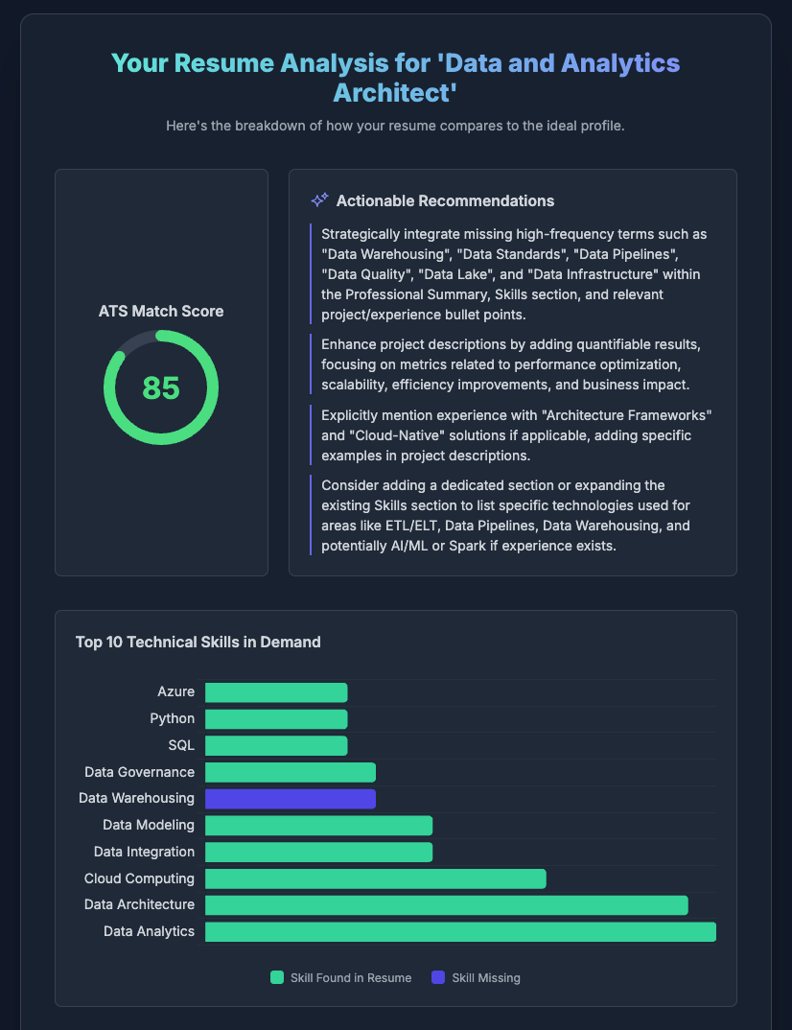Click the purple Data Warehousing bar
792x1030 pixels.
tap(290, 799)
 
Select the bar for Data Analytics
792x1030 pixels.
tap(460, 932)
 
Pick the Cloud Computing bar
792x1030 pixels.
tap(375, 878)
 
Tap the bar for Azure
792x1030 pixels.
tap(276, 692)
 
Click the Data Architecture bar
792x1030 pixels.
tap(446, 905)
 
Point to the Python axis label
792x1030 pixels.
tap(173, 718)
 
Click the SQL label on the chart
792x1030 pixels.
tap(182, 745)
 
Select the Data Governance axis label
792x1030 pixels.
tap(139, 772)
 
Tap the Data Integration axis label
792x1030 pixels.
tap(144, 852)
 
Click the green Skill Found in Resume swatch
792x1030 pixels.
tap(277, 978)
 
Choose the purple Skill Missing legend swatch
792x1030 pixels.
tap(438, 978)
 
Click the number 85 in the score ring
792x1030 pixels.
tap(161, 387)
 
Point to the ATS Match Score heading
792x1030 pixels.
tap(161, 311)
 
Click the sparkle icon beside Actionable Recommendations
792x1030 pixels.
tap(319, 200)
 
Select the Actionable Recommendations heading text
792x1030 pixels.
tap(445, 200)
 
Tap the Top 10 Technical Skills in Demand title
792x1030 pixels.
tap(198, 642)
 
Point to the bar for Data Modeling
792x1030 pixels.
tap(318, 826)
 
